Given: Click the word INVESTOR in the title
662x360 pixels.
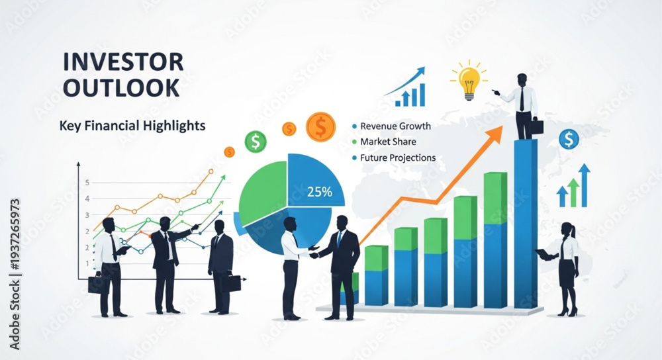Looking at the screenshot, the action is click(123, 62).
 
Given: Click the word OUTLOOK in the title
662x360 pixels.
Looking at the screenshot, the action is click(122, 88).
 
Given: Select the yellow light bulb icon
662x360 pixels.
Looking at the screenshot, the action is click(469, 81).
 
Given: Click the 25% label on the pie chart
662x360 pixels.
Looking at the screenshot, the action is click(320, 192).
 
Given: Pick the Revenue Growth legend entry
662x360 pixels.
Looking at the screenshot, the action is click(391, 126).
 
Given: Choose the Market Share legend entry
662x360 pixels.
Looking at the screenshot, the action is click(384, 142).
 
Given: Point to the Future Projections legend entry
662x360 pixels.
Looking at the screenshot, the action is click(393, 157).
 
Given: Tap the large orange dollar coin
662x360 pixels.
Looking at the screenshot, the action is click(321, 126).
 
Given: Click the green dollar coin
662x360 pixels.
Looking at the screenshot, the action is click(256, 142).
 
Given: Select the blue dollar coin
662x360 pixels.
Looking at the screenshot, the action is click(569, 139).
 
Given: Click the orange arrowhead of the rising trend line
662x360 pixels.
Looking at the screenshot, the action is click(495, 134).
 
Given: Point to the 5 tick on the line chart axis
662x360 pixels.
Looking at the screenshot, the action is click(87, 183).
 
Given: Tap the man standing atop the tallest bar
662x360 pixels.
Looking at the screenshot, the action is click(520, 107).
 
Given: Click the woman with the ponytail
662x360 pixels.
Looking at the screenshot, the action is click(562, 269).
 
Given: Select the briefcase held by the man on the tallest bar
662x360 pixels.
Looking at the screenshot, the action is click(536, 126).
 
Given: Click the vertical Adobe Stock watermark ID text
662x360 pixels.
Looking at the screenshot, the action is click(15, 275).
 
